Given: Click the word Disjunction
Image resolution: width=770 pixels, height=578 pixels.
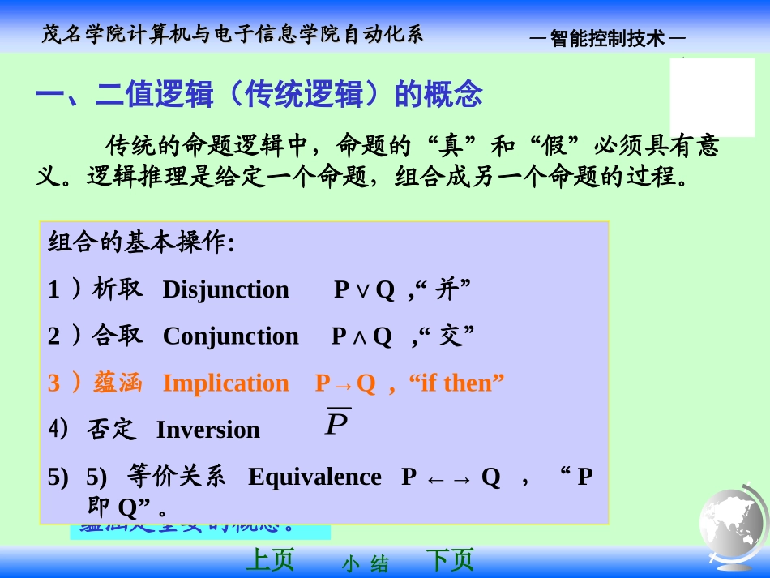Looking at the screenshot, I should click(x=225, y=290).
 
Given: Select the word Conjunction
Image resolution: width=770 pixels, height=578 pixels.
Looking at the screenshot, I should click(x=230, y=336).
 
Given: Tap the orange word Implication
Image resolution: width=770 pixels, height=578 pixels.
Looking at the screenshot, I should click(x=225, y=383).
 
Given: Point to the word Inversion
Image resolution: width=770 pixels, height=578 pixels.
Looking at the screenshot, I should click(x=207, y=430).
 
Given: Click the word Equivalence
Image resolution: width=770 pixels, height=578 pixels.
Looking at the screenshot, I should click(x=314, y=477).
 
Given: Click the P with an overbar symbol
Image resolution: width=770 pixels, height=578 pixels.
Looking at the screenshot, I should click(x=337, y=422).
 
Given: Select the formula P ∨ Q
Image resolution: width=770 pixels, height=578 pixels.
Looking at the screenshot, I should click(x=364, y=290).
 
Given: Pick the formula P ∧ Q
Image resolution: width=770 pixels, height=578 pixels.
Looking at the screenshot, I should click(x=361, y=336).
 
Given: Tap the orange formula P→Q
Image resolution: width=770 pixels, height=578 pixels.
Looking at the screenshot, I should click(x=345, y=383).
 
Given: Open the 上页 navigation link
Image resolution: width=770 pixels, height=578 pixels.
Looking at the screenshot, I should click(x=269, y=560).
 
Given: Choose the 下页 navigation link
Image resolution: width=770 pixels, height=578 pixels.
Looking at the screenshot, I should click(x=449, y=560).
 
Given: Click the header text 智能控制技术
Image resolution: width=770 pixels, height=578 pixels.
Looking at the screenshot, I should click(x=607, y=38).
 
